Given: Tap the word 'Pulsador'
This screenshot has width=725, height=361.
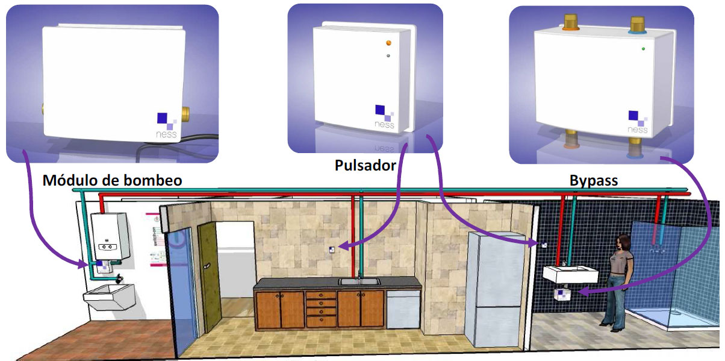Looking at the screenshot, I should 365,165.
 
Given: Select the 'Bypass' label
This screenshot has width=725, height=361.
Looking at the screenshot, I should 593,180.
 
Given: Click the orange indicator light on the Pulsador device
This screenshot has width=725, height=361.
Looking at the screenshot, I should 389,43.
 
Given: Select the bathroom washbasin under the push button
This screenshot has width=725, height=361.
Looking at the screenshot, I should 570,274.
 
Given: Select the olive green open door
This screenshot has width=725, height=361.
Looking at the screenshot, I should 208,277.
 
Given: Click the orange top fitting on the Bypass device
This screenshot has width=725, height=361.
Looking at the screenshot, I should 569,25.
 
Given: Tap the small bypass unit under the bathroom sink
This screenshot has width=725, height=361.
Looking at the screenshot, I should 562,295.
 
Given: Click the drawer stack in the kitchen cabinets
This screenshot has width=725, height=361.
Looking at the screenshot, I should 321,309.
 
